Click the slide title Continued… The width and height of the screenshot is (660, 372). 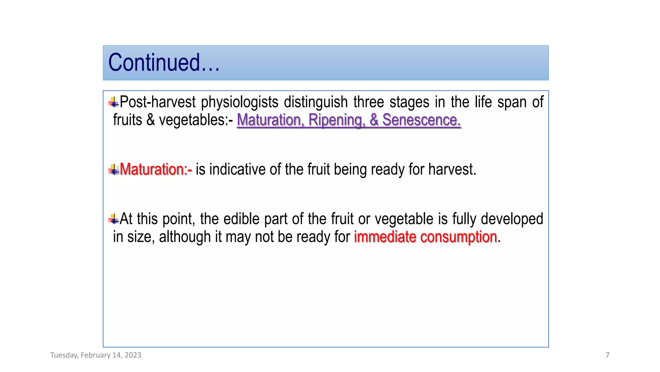click(164, 63)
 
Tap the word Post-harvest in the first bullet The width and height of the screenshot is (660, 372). click(158, 102)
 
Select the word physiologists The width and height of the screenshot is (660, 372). click(239, 102)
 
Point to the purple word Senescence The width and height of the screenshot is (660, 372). click(422, 120)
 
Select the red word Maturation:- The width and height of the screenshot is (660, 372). click(156, 170)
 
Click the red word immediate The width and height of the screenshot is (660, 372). click(385, 237)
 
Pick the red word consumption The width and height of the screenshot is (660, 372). click(458, 237)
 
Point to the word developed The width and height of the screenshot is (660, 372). click(512, 219)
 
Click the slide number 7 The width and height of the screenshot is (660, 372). click(607, 355)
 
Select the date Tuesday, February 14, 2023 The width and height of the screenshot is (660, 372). click(96, 355)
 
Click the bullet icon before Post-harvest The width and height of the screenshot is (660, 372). click(113, 102)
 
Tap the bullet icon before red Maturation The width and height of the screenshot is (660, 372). click(113, 170)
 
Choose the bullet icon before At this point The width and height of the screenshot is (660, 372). click(113, 219)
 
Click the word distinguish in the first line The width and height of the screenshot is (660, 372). click(315, 102)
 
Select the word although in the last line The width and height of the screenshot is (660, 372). click(185, 237)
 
